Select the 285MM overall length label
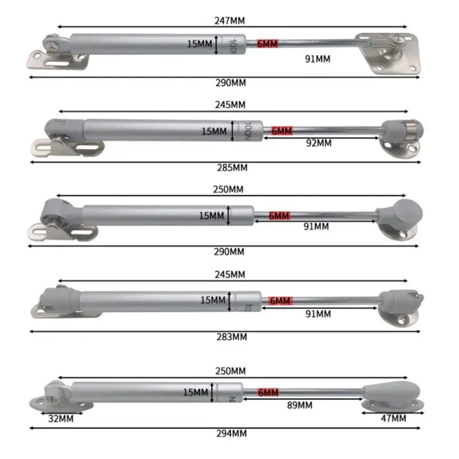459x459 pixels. [x=233, y=168]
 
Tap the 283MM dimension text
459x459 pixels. [x=233, y=337]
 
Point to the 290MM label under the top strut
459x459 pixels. [x=232, y=83]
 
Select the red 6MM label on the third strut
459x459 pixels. [x=279, y=216]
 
